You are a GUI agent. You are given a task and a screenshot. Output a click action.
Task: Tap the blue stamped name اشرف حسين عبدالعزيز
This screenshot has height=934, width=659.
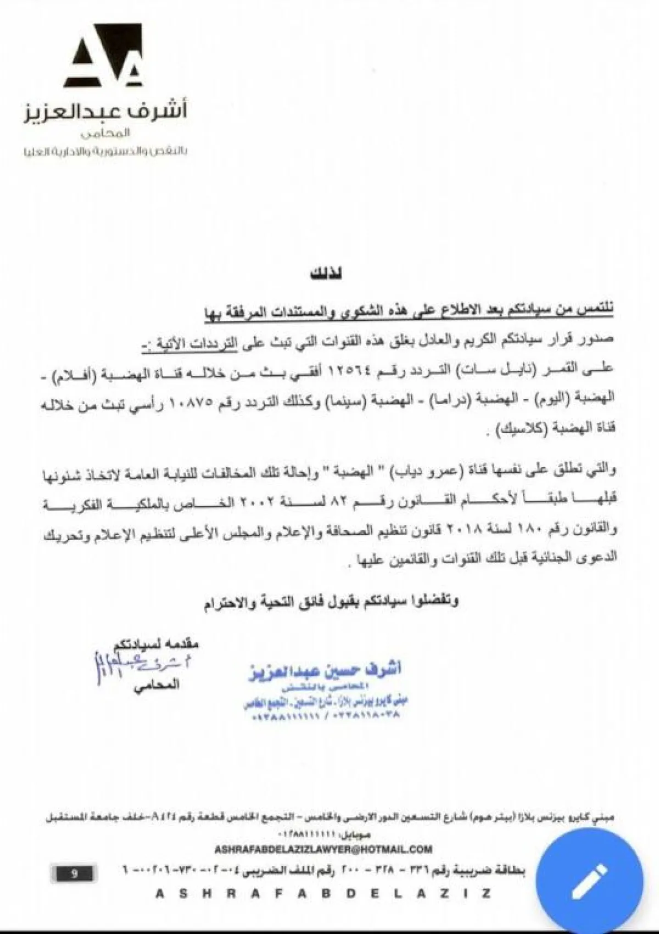(x=324, y=671)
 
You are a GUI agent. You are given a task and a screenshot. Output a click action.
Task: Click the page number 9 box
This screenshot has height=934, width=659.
(x=74, y=873)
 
